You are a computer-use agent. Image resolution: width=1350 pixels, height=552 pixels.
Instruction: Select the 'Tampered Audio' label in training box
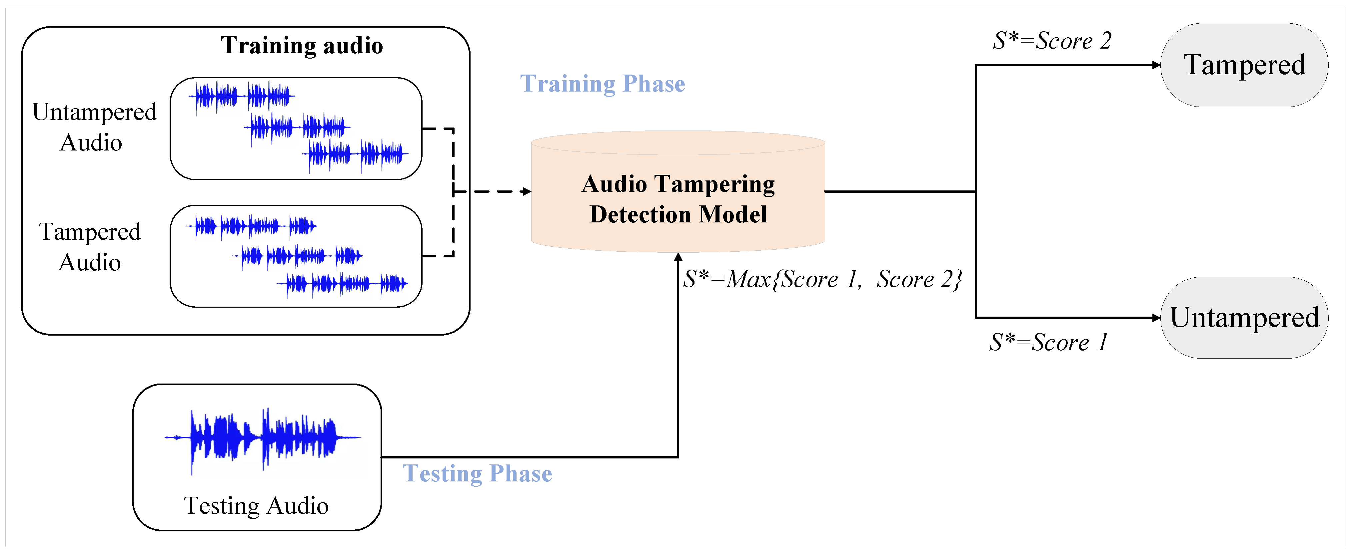[90, 247]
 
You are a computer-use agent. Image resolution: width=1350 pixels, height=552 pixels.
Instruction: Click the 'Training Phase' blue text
[602, 84]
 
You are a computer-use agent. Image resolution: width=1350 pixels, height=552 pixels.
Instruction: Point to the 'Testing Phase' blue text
[477, 473]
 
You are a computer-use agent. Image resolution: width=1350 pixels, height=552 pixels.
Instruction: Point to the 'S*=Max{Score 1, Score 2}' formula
[823, 279]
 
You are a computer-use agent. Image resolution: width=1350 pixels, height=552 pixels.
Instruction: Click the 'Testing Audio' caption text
[256, 506]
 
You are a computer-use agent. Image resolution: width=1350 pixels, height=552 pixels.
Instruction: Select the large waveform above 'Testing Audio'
[262, 438]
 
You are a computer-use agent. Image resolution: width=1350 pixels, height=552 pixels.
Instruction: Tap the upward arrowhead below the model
[678, 257]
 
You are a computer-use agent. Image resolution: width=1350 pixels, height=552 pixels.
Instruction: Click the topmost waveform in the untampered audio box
[242, 96]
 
